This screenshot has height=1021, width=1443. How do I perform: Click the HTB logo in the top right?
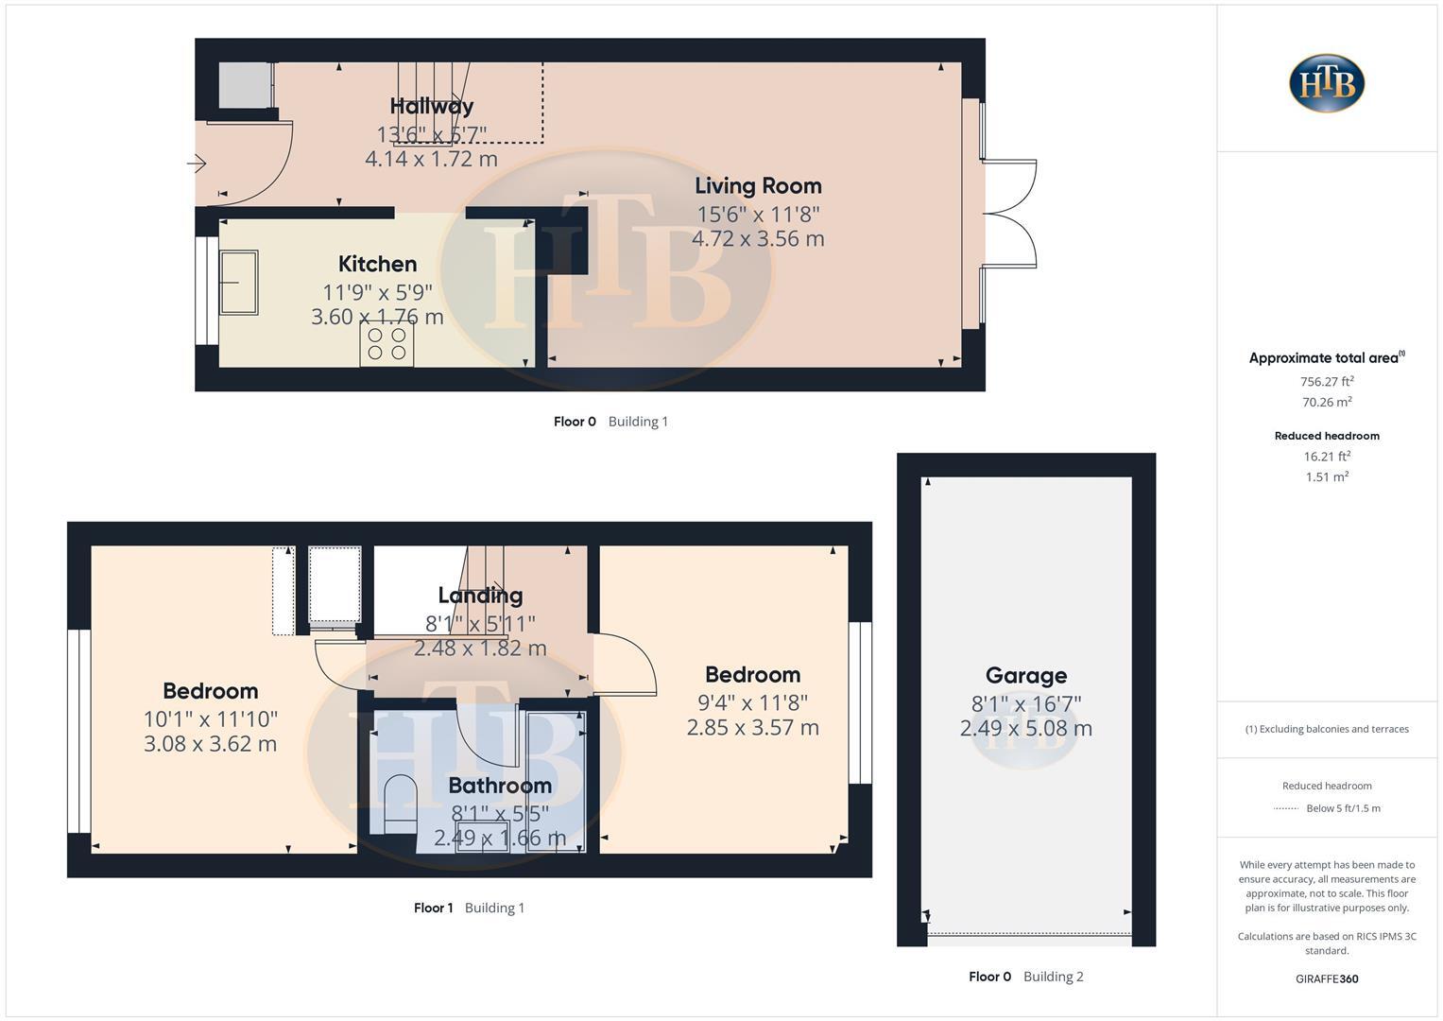(x=1326, y=83)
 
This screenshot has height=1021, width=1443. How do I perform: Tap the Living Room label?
(x=758, y=186)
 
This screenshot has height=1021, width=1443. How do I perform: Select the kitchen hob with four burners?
(x=387, y=344)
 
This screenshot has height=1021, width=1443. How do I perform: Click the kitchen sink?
(x=238, y=282)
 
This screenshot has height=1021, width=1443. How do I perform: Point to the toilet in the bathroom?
(x=402, y=804)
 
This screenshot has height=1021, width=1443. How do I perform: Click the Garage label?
(x=1025, y=675)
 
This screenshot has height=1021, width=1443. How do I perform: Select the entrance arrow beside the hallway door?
(x=197, y=164)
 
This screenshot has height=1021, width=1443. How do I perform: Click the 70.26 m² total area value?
(x=1326, y=402)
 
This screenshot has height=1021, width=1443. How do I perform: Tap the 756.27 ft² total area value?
(x=1326, y=382)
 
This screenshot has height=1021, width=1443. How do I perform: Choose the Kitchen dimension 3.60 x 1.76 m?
(x=377, y=317)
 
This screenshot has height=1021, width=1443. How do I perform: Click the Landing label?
(x=480, y=596)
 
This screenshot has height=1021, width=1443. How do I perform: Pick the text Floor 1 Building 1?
(x=469, y=908)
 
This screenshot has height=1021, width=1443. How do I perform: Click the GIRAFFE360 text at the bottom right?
(x=1326, y=978)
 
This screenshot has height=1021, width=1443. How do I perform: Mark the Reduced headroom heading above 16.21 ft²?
(x=1326, y=436)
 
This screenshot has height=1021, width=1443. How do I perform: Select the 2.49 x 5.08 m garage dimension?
(x=1025, y=729)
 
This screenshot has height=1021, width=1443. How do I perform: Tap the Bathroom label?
(x=499, y=786)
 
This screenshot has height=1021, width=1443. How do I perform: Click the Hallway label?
(x=432, y=106)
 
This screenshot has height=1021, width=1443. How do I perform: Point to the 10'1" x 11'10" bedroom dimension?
(x=210, y=719)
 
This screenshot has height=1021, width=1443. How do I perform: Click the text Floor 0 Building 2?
(x=1025, y=977)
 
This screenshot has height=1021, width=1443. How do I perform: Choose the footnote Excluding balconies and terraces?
(x=1326, y=729)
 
